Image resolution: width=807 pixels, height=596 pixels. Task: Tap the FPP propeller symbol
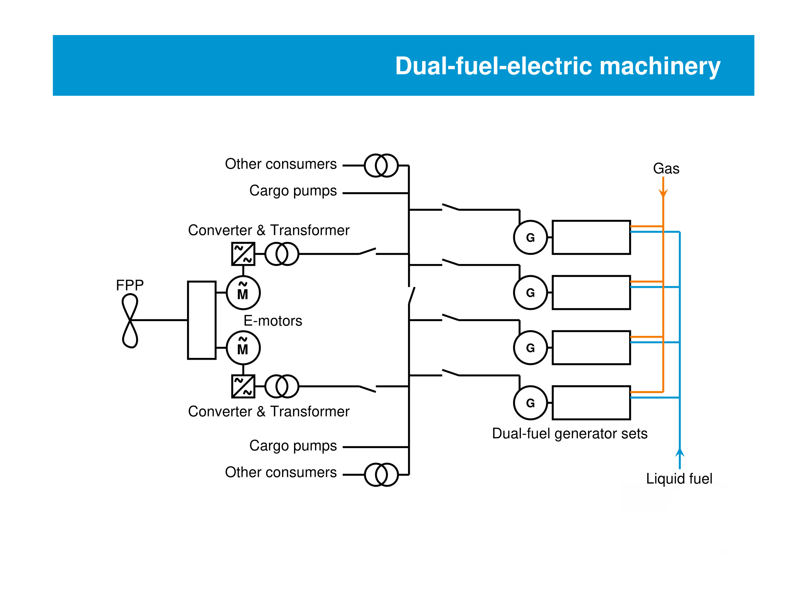click(130, 320)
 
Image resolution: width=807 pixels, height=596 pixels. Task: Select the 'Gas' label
click(666, 169)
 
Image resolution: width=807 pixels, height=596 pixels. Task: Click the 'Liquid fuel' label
click(679, 479)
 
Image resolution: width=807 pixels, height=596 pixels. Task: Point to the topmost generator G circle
click(530, 237)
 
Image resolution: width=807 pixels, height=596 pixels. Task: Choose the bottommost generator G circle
click(530, 402)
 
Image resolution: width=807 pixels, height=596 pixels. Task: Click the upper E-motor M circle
click(243, 293)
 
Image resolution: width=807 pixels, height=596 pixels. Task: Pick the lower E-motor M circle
click(243, 348)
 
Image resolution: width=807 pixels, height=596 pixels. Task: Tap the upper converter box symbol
click(243, 254)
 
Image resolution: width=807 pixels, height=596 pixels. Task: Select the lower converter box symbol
click(243, 386)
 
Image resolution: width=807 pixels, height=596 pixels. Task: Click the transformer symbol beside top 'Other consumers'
click(381, 165)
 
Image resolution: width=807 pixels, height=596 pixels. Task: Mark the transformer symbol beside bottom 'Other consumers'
click(381, 474)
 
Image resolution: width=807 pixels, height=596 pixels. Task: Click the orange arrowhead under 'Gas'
click(663, 193)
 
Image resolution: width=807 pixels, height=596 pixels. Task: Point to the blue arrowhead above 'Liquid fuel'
click(680, 453)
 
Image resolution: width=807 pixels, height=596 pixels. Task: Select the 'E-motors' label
click(273, 321)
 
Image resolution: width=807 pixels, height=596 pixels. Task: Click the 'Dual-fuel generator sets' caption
click(569, 433)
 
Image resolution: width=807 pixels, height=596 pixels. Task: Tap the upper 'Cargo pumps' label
click(293, 191)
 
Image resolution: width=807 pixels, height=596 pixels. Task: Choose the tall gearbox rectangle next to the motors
click(201, 320)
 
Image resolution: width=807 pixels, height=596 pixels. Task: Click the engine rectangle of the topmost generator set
click(591, 237)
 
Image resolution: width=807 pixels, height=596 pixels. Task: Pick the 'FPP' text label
click(129, 285)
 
